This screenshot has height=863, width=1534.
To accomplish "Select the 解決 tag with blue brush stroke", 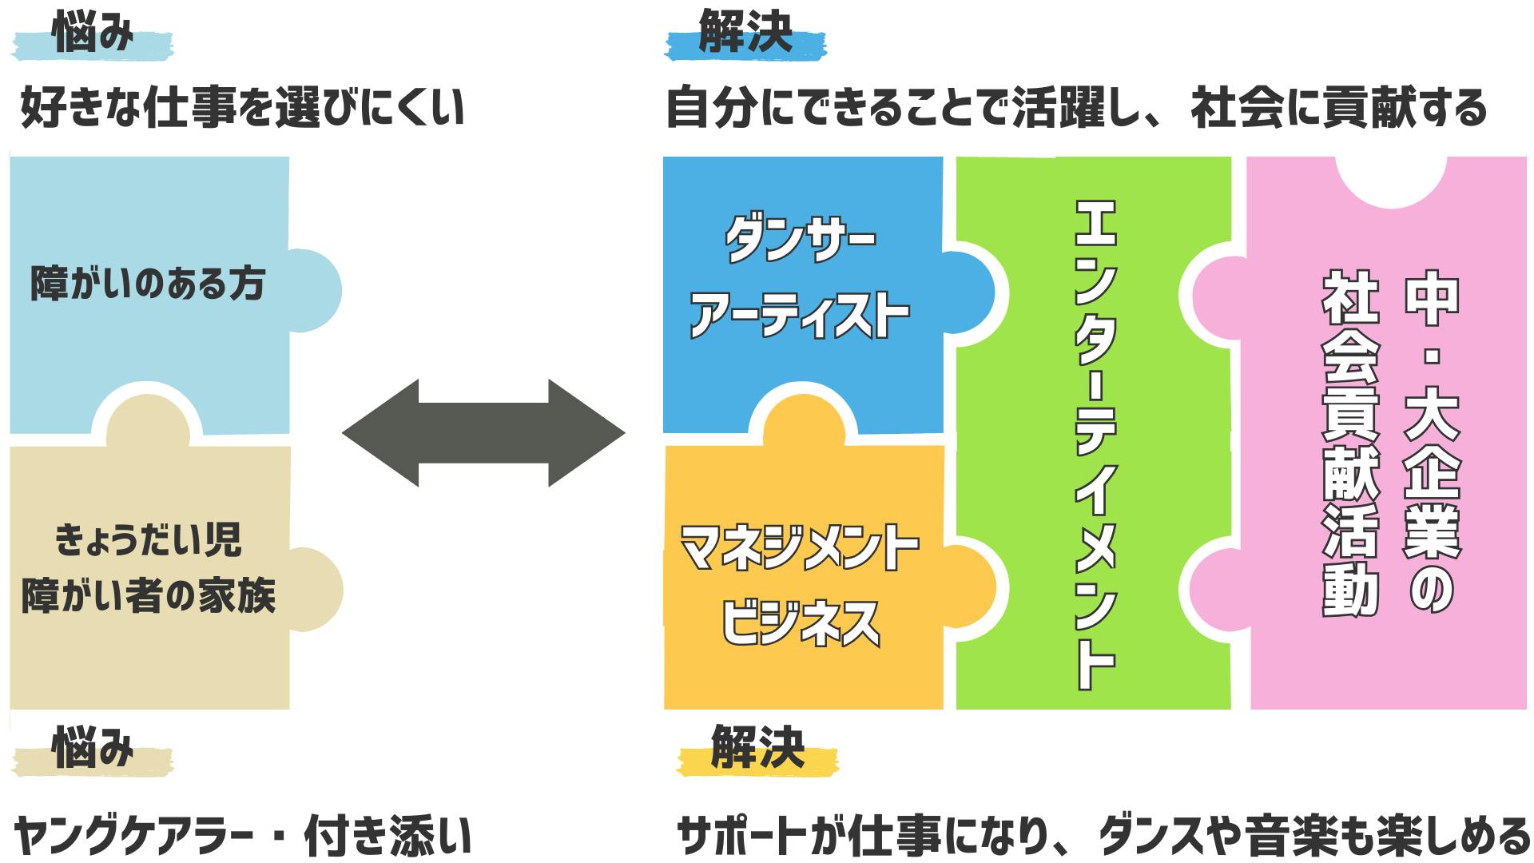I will coord(745,37).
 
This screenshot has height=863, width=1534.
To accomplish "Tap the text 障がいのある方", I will coord(148,284).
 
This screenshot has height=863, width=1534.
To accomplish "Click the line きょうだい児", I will coord(148,541).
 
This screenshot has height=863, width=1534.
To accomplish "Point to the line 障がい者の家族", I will coord(148,596).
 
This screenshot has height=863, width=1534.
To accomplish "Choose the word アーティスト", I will coord(799,315).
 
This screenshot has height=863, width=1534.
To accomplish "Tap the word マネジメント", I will coord(799,548).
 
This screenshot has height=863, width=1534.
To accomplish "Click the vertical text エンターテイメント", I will coord(1094,443).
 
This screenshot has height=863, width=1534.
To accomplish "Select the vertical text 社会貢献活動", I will coord(1350,443).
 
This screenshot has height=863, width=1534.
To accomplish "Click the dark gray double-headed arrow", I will coord(483,433).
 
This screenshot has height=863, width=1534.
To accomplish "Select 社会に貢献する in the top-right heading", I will coord(1338,108).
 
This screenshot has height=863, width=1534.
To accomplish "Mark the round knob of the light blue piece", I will coord(316,289).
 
